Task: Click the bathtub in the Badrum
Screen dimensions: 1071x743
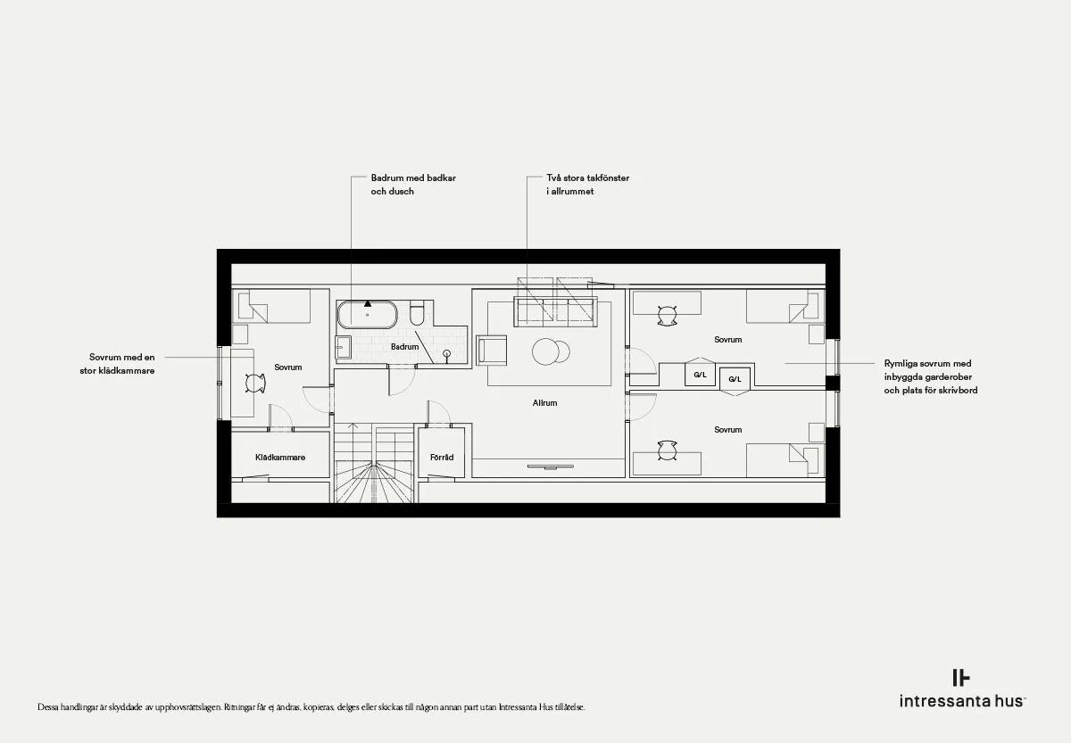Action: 367,314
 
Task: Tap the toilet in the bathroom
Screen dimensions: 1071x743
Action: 417,312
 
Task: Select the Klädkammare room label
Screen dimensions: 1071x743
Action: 280,458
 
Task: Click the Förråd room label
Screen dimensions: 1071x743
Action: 442,458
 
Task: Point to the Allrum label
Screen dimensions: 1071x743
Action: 544,403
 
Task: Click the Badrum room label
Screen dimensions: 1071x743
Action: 404,346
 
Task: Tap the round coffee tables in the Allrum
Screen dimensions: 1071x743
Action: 551,351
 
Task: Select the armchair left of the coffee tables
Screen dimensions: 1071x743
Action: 492,351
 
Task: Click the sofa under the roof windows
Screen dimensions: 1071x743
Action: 555,311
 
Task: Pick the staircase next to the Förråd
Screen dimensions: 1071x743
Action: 373,463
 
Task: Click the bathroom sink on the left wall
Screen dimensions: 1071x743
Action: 343,347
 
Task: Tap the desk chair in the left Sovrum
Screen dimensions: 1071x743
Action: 255,383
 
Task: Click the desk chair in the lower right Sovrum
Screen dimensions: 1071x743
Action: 667,450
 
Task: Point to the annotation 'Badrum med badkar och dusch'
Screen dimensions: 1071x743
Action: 413,185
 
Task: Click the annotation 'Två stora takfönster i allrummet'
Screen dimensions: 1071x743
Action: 587,185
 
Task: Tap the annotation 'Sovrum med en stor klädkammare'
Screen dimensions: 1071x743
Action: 117,364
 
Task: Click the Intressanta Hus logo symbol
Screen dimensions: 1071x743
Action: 961,678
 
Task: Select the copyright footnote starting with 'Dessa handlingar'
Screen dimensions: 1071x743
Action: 311,707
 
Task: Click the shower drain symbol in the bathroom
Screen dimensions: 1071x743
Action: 447,353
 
